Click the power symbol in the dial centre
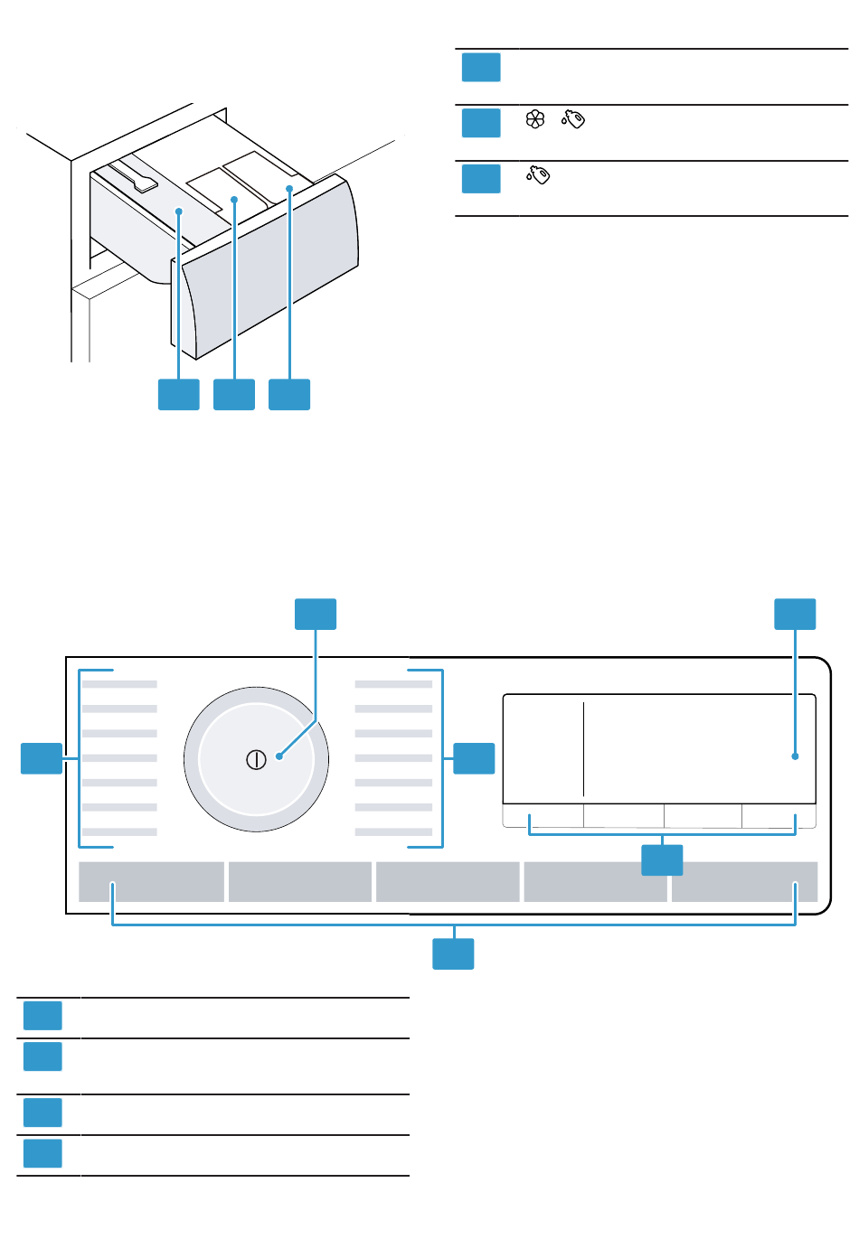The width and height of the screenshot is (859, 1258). (256, 760)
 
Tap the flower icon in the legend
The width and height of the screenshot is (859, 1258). (535, 119)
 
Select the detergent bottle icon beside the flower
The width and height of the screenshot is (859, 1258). (573, 119)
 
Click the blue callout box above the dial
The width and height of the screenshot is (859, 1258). (316, 614)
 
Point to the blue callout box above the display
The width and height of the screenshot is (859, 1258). (795, 614)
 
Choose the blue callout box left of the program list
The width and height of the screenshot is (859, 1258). (42, 758)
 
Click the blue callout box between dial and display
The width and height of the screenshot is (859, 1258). (474, 758)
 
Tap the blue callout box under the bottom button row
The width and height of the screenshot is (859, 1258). (453, 954)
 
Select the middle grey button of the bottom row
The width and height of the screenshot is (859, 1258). (448, 882)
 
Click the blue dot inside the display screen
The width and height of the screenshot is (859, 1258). (796, 756)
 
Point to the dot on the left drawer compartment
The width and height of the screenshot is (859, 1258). (180, 211)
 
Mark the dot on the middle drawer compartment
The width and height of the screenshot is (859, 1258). (234, 199)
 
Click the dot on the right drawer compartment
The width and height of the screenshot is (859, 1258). (290, 189)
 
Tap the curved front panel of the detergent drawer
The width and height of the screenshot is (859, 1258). (271, 271)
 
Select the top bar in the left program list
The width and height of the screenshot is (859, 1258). (119, 684)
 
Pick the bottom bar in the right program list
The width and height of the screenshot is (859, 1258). (393, 831)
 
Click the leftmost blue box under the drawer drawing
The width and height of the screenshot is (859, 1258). (179, 395)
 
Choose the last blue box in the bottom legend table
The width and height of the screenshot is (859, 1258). (42, 1154)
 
